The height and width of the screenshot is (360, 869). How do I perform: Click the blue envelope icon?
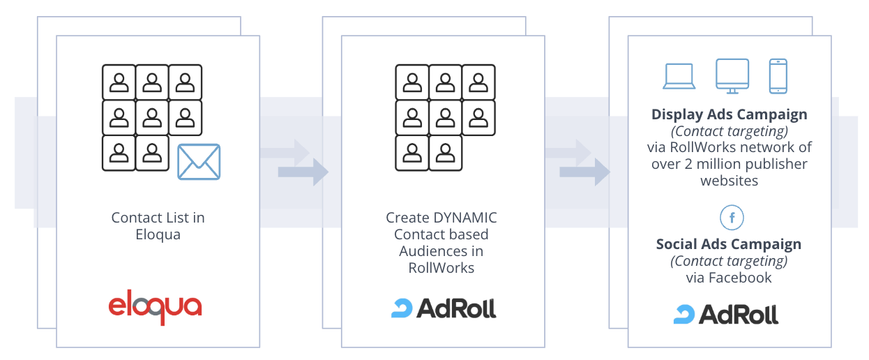point(199,162)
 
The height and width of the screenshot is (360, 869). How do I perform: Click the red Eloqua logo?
point(155,308)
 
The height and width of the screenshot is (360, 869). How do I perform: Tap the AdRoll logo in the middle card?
point(444,308)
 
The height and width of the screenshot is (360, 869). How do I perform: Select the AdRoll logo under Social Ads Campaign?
point(726,314)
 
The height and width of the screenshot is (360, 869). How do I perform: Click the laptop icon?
point(679,77)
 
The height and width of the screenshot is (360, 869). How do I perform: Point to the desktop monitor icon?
point(732,76)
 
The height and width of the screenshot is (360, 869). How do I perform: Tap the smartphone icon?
point(778,76)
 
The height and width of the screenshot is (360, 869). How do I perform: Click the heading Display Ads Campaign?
point(730,114)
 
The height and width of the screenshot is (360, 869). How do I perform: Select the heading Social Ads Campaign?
point(729,244)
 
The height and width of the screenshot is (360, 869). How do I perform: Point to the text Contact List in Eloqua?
point(158,226)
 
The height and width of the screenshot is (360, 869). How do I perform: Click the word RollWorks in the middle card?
point(441,268)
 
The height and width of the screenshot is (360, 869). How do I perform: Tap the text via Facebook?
point(729,278)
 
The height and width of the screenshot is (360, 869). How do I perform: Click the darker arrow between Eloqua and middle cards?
point(303,172)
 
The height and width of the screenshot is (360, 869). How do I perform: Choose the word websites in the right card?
point(729,181)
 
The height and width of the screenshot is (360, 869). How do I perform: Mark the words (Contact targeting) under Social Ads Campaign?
point(729,261)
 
